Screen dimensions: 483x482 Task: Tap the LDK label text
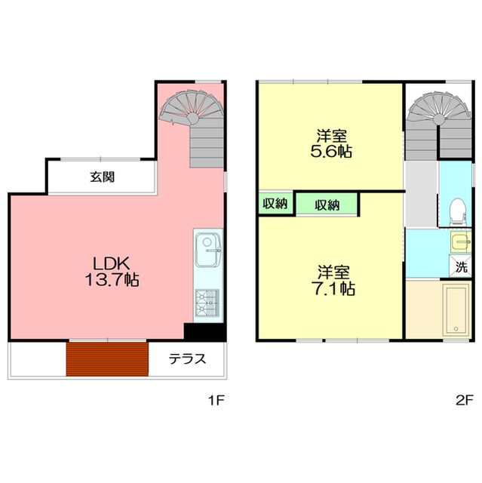coord(112,263)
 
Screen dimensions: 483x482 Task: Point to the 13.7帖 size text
coord(112,280)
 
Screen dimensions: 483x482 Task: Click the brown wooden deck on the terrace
coord(106,358)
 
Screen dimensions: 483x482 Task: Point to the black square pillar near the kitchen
coord(204,333)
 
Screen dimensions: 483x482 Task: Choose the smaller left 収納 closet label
coord(274,204)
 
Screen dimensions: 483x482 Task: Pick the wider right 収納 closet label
coord(326,205)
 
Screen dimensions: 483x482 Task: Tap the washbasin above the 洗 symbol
coord(460,242)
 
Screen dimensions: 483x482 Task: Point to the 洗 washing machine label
coord(461,266)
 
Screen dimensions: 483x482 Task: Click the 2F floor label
coord(463,400)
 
